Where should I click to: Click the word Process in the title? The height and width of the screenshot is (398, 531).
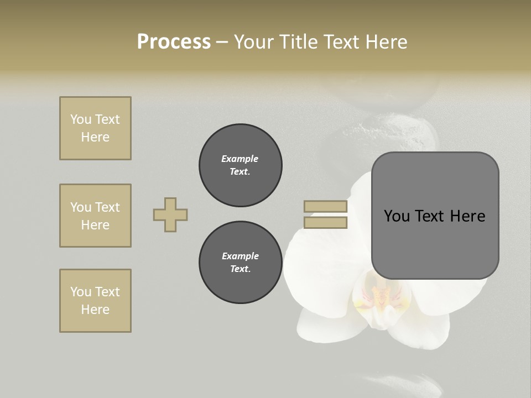pyautogui.click(x=174, y=42)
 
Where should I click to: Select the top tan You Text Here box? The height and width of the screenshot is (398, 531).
pyautogui.click(x=95, y=128)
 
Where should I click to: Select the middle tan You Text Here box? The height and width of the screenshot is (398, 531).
pyautogui.click(x=95, y=216)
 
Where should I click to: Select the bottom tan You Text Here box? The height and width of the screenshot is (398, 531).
pyautogui.click(x=95, y=301)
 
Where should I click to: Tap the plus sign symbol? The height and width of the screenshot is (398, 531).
pyautogui.click(x=170, y=214)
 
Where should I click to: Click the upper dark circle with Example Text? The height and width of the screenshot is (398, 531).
pyautogui.click(x=241, y=165)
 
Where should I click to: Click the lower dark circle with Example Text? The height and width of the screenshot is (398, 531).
pyautogui.click(x=241, y=263)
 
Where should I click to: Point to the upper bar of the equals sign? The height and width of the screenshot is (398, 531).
pyautogui.click(x=325, y=207)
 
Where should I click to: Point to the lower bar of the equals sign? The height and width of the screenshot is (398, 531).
pyautogui.click(x=325, y=223)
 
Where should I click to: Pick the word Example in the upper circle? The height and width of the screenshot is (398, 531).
pyautogui.click(x=240, y=159)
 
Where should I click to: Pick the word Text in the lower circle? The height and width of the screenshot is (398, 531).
pyautogui.click(x=240, y=269)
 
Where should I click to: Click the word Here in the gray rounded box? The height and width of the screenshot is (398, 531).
pyautogui.click(x=467, y=216)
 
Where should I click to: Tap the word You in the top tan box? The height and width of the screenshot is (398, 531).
pyautogui.click(x=80, y=119)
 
